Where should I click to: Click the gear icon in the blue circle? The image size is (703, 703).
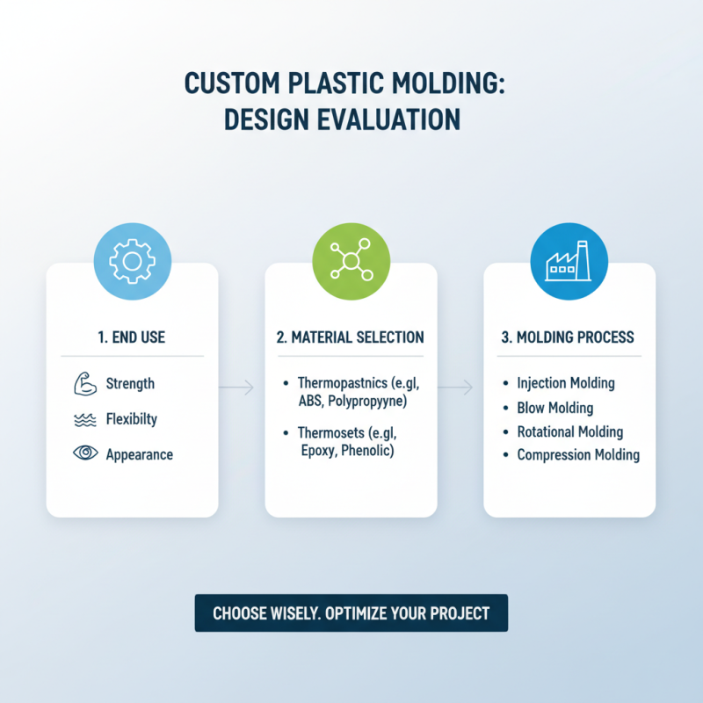coord(132,262)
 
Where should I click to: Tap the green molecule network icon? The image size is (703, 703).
coord(351,262)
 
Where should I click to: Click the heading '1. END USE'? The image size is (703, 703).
coord(132,337)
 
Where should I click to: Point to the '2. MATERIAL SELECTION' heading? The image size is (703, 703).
coord(351,337)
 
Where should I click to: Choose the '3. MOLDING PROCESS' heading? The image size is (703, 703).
coord(569,337)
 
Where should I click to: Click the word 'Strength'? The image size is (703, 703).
coord(130,384)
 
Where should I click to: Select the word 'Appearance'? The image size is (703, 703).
coord(139,455)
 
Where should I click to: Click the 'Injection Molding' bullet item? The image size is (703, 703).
coord(565,383)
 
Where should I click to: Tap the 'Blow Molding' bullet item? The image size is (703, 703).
coord(554,408)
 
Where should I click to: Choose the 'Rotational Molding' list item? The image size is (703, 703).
coord(569,431)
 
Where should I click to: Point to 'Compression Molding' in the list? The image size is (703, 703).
coord(578,455)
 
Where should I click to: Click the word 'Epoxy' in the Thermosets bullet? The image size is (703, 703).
coord(320,451)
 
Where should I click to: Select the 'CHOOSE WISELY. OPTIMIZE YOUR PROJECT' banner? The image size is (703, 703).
coord(351,613)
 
